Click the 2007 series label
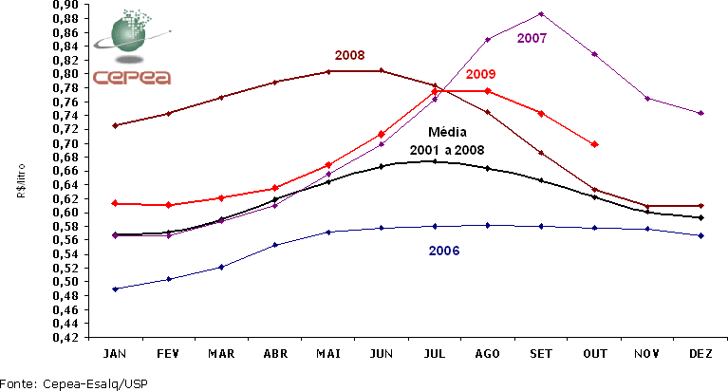532,38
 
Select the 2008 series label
349,55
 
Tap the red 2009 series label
481,74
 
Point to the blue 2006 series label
444,251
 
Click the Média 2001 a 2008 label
446,141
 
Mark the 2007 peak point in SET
540,13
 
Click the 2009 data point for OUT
594,144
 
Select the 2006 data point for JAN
114,289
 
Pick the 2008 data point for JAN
114,125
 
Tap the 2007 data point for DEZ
700,113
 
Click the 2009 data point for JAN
114,203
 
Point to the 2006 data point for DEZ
700,235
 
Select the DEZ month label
700,353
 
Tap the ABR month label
273,353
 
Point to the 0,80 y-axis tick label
65,74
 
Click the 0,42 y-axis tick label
65,337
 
